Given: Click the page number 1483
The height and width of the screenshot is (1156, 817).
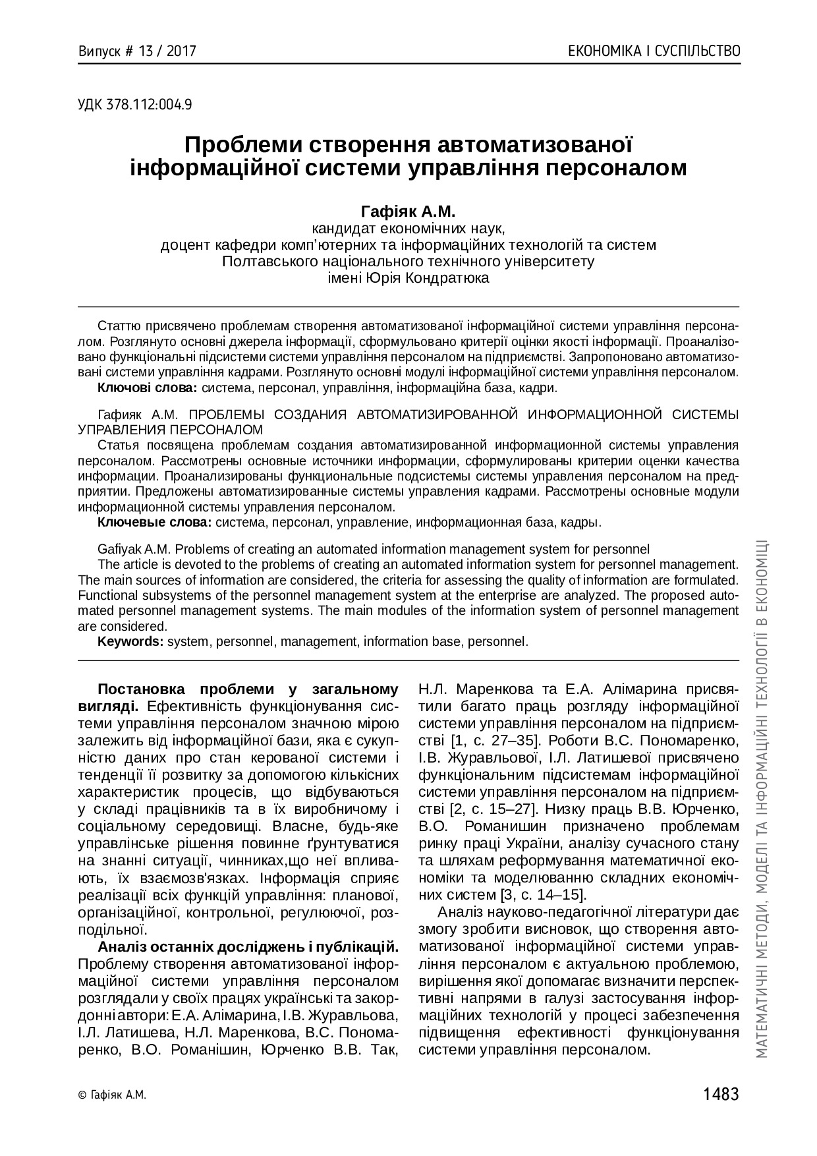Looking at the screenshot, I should click(x=721, y=1094).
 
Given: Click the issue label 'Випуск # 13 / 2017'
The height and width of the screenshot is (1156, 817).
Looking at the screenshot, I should click(x=137, y=51).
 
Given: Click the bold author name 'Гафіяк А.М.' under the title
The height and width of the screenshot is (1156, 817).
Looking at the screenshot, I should click(x=408, y=212).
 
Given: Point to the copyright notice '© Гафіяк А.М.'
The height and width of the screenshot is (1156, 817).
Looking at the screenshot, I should click(x=111, y=1095).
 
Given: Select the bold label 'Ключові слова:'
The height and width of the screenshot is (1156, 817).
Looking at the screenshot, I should click(x=147, y=388).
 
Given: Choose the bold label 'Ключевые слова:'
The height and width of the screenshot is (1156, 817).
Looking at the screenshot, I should click(x=154, y=523).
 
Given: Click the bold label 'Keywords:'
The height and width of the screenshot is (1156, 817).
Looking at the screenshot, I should click(x=130, y=641).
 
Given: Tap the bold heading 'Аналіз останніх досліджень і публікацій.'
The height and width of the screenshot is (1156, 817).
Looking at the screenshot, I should click(x=248, y=947).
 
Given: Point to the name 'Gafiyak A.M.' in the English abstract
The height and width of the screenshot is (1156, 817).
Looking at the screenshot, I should click(x=134, y=549).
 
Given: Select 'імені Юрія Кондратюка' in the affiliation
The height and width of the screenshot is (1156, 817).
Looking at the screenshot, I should click(x=408, y=277).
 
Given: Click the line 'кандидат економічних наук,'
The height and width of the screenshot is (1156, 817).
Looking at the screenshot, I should click(x=408, y=229).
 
